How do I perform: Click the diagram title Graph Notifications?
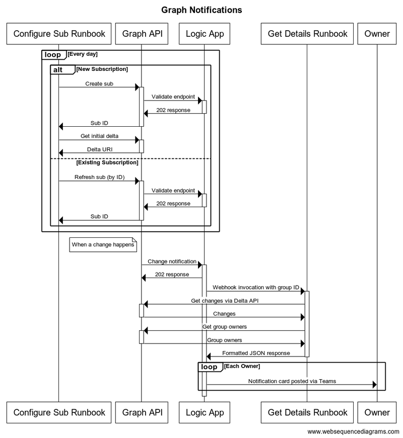(201, 10)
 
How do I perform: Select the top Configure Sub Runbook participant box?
(59, 34)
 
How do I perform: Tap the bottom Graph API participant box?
(142, 412)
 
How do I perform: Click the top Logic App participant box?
(205, 34)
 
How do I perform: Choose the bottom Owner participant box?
(377, 412)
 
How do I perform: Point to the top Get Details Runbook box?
(307, 34)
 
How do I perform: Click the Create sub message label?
(99, 83)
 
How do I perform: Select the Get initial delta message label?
(99, 136)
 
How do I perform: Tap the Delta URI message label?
(99, 149)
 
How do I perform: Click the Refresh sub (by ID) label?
(99, 177)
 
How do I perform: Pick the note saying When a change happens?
(103, 245)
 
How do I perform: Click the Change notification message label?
(172, 261)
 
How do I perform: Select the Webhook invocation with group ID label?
(256, 288)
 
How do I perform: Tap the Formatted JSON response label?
(256, 353)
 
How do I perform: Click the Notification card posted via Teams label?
(292, 381)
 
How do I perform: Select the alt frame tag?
(57, 70)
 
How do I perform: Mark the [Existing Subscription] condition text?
(107, 162)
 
